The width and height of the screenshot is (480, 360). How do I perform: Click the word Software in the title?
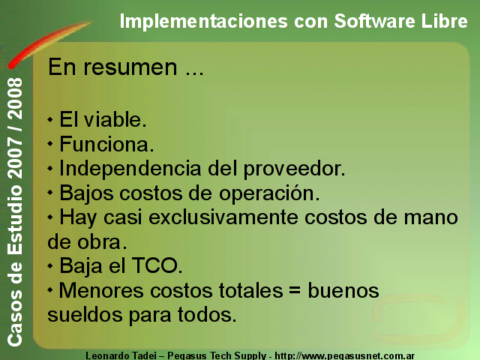click(x=374, y=21)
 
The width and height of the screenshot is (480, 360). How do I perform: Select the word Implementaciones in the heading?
click(x=203, y=22)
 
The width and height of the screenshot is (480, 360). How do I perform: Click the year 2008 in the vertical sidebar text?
click(x=15, y=99)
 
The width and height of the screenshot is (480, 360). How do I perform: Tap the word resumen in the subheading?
click(x=130, y=67)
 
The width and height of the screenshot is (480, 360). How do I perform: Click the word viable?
click(x=115, y=119)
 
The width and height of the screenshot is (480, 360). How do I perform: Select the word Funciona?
click(x=106, y=144)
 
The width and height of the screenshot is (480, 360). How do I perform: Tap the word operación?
click(x=269, y=194)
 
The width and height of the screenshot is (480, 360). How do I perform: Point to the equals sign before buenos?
click(x=295, y=289)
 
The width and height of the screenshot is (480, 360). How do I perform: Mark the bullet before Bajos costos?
click(x=50, y=193)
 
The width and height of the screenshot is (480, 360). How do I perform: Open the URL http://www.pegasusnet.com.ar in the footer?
click(x=345, y=356)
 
